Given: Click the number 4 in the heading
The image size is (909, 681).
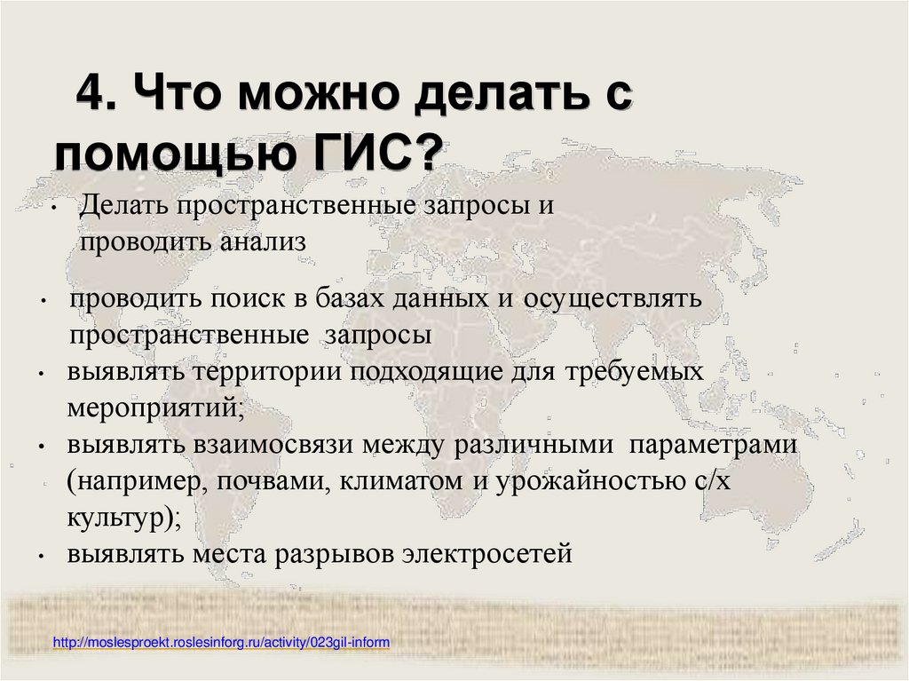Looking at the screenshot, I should (x=90, y=92).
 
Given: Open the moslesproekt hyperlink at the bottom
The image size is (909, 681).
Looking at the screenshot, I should (x=222, y=641).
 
